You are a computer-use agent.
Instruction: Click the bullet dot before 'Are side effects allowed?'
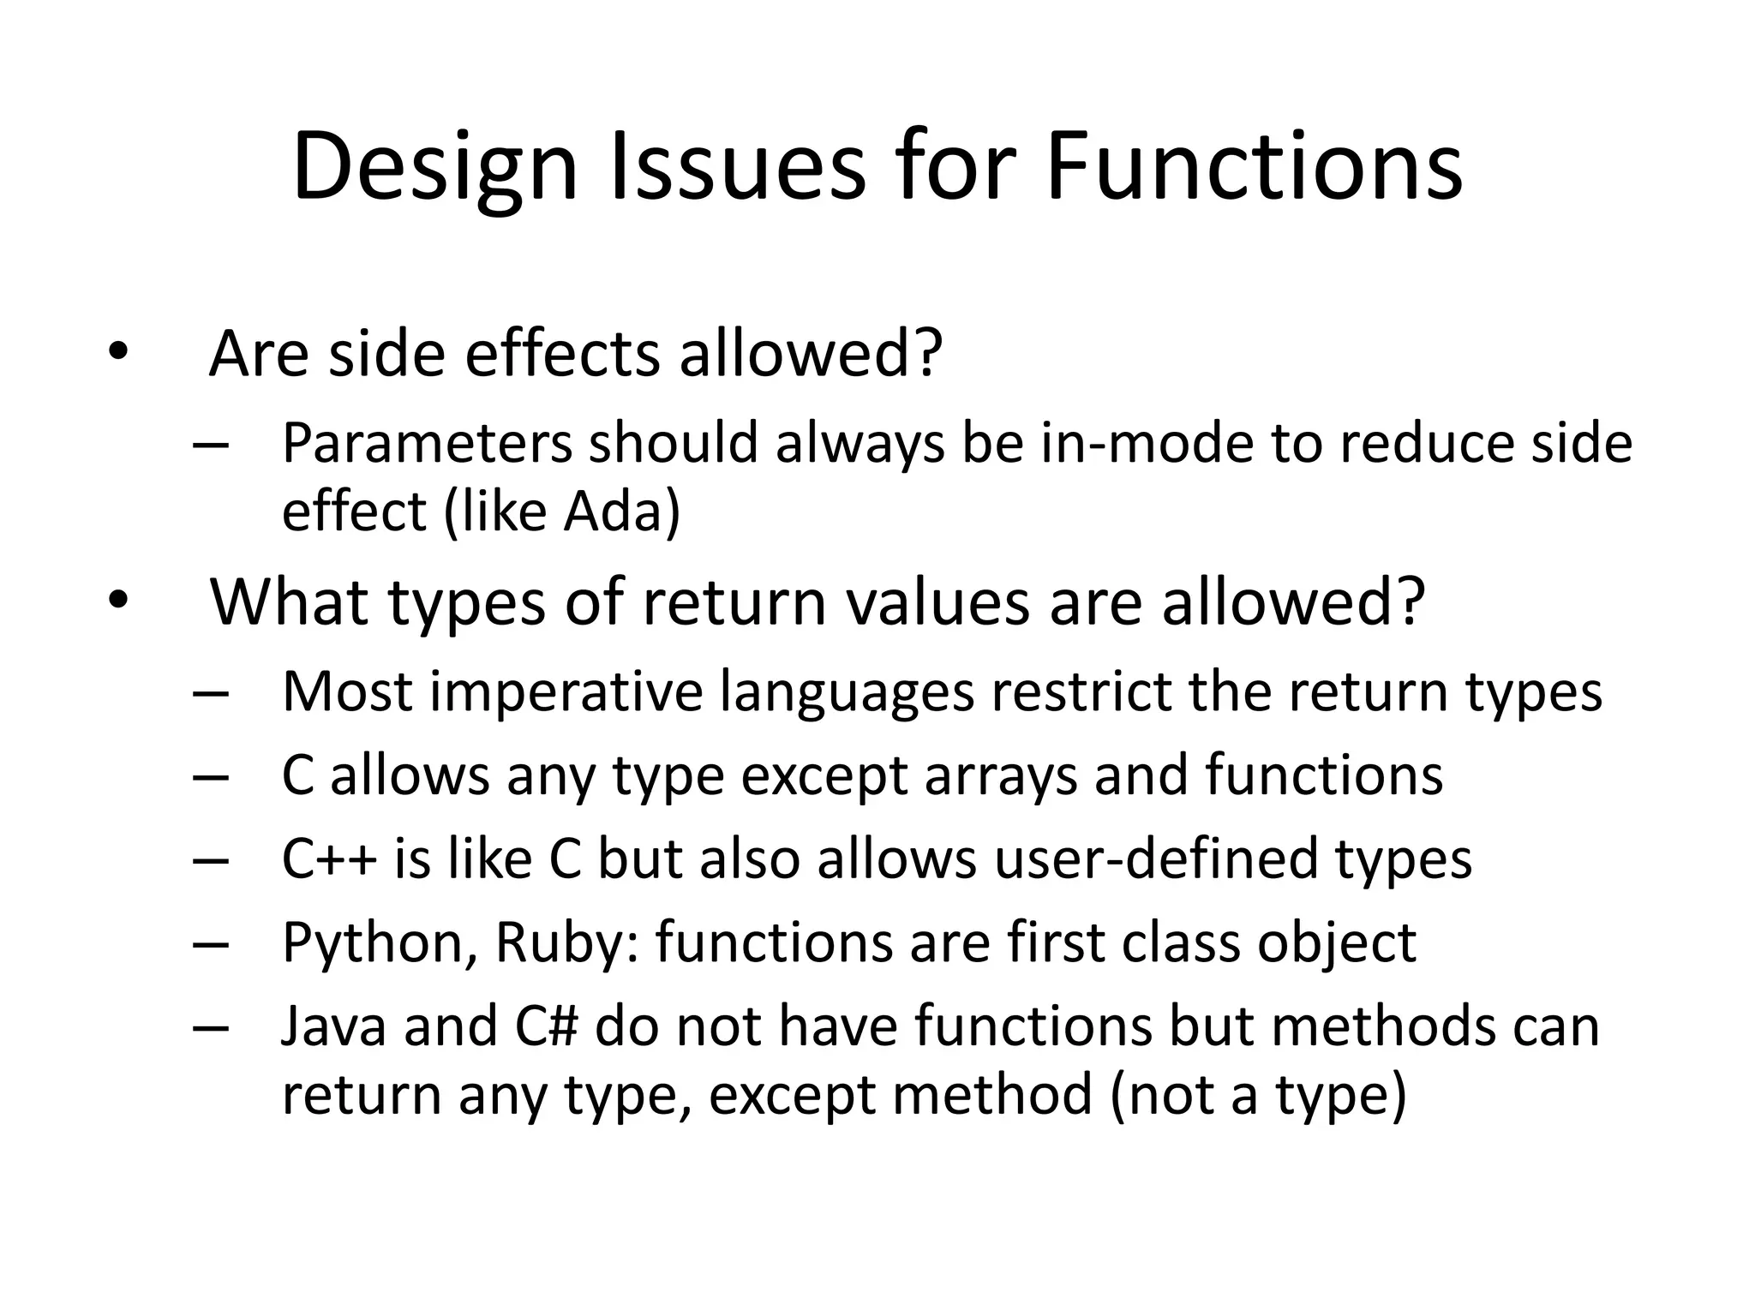pos(117,352)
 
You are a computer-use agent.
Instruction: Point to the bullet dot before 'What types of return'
pos(117,601)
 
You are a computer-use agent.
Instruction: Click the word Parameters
pos(427,444)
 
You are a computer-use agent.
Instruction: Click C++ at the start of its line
pos(329,858)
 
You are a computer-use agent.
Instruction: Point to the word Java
pos(333,1026)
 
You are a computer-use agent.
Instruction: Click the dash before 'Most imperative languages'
pos(211,692)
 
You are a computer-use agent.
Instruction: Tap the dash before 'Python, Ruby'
pos(211,943)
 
